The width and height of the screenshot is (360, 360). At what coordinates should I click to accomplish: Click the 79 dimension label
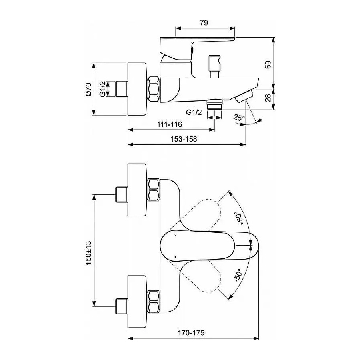[x=204, y=23]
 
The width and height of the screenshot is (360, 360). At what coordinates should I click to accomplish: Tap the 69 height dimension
[x=268, y=65]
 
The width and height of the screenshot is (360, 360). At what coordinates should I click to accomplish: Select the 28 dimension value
[x=268, y=98]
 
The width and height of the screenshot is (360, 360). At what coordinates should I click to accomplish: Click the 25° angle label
[x=239, y=118]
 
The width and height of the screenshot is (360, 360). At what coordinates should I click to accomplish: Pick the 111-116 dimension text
[x=170, y=124]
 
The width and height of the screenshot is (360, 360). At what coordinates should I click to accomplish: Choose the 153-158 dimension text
[x=184, y=139]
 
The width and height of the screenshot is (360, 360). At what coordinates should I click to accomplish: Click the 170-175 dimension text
[x=191, y=333]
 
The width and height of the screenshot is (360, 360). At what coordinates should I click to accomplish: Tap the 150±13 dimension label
[x=88, y=253]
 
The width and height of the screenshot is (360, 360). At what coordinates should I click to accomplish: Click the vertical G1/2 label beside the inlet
[x=102, y=89]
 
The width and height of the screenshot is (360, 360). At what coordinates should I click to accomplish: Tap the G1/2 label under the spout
[x=194, y=112]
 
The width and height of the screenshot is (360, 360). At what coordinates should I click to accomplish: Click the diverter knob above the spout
[x=215, y=66]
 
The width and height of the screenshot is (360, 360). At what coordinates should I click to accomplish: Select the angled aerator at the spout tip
[x=244, y=96]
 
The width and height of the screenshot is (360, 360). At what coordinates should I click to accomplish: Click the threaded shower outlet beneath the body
[x=214, y=104]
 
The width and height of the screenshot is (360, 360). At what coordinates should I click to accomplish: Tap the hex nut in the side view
[x=154, y=89]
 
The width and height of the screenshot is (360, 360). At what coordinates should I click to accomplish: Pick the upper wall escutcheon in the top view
[x=137, y=190]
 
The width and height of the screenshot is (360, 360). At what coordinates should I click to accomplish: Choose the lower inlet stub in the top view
[x=121, y=306]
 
